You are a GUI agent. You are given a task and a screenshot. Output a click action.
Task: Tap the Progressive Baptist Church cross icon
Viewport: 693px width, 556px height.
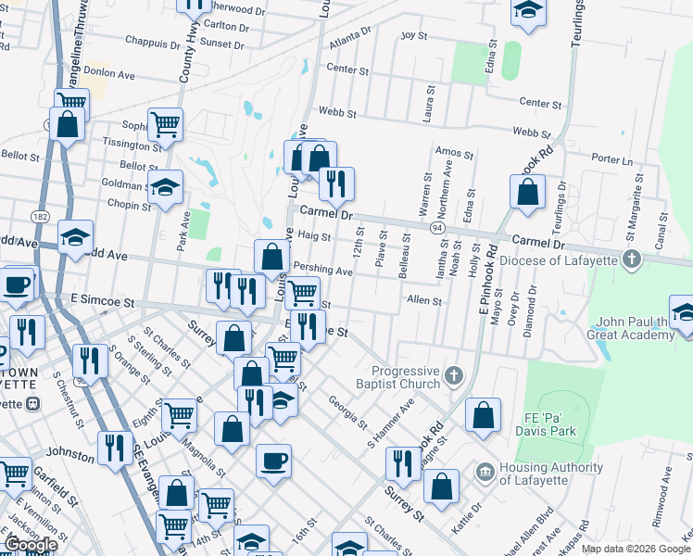[x=453, y=375]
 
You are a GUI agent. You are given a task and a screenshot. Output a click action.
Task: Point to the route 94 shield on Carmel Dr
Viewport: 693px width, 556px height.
[x=435, y=226]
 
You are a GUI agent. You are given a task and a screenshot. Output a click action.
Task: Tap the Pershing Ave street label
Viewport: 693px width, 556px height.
[x=322, y=272]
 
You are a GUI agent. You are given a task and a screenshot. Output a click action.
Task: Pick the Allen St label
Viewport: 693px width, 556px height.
[x=424, y=300]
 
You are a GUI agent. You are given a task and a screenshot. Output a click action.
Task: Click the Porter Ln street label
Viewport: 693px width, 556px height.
[x=611, y=159]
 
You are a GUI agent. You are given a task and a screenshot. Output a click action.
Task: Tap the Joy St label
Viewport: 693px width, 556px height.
[x=413, y=35]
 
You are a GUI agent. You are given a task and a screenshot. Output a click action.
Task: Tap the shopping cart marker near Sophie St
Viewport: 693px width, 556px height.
[x=165, y=125]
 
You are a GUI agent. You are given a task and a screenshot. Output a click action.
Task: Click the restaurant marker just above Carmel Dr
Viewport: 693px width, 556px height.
[x=336, y=183]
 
